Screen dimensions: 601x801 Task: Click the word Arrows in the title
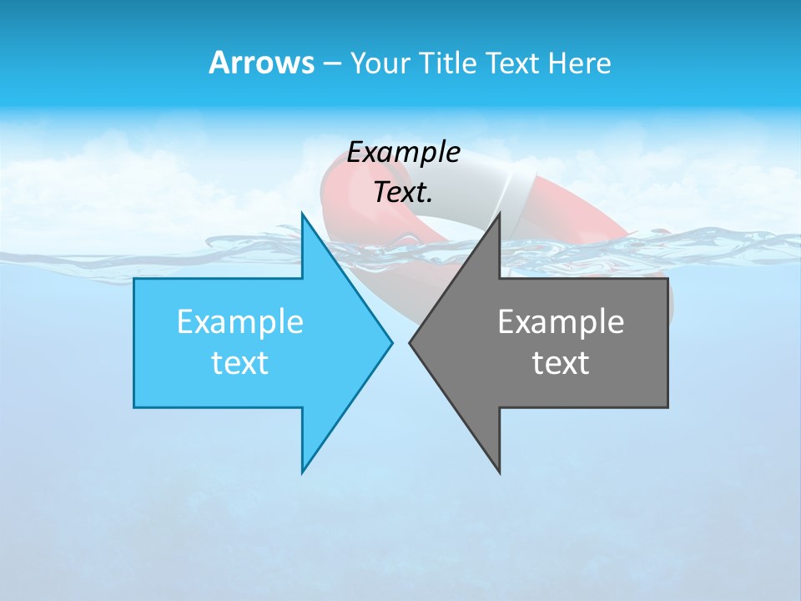pyautogui.click(x=261, y=63)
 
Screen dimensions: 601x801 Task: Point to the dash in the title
pyautogui.click(x=331, y=64)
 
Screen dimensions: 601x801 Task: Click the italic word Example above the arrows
pyautogui.click(x=404, y=153)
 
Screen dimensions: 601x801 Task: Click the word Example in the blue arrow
pyautogui.click(x=240, y=322)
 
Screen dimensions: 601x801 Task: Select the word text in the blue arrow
pyautogui.click(x=240, y=363)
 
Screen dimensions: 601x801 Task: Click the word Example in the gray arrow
pyautogui.click(x=561, y=322)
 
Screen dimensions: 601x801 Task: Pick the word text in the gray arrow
pyautogui.click(x=561, y=363)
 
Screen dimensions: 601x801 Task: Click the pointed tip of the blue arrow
pyautogui.click(x=391, y=342)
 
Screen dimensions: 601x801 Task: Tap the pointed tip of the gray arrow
pyautogui.click(x=411, y=342)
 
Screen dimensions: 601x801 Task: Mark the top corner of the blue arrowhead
pyautogui.click(x=302, y=215)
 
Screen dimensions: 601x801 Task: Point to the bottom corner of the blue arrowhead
pyautogui.click(x=302, y=472)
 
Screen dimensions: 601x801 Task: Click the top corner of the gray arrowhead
pyautogui.click(x=499, y=215)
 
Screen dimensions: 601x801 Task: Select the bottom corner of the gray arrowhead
pyautogui.click(x=499, y=472)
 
